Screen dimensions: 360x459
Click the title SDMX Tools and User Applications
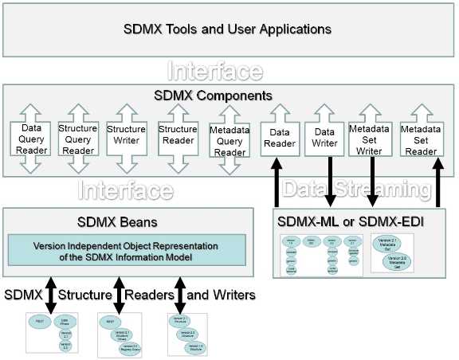227,29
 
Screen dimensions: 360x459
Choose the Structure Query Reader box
77,139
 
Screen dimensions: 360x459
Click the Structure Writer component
126,139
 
